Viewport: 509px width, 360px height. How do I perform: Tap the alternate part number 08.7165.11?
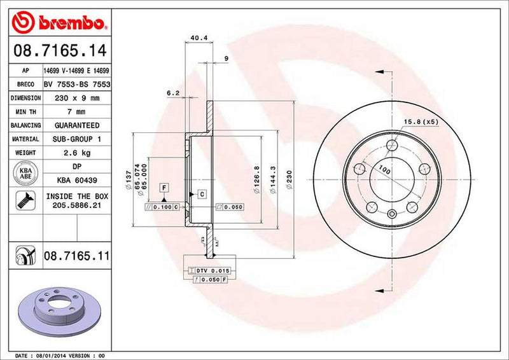pyautogui.click(x=77, y=257)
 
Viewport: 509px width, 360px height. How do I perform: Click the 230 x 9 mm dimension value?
pyautogui.click(x=76, y=98)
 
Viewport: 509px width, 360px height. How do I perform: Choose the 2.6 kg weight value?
pyautogui.click(x=76, y=153)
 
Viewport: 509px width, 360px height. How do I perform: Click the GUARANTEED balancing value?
pyautogui.click(x=76, y=125)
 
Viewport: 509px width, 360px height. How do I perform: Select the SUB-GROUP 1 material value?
pyautogui.click(x=76, y=139)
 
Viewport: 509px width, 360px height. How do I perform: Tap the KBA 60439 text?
pyautogui.click(x=76, y=180)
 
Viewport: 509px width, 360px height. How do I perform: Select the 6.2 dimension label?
pyautogui.click(x=173, y=93)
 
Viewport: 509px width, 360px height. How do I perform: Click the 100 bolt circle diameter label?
pyautogui.click(x=384, y=169)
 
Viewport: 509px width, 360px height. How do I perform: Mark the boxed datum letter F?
pyautogui.click(x=164, y=187)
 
